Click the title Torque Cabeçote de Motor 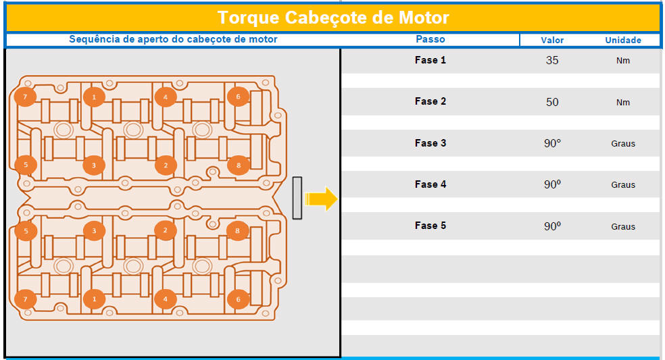tap(333, 18)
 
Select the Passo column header tap(430, 39)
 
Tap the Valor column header tap(551, 41)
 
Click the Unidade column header tap(622, 41)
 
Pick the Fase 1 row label tap(430, 60)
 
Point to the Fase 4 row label tap(430, 184)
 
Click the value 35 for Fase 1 tap(551, 60)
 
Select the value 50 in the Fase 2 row tap(551, 102)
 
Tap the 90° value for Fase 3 tap(552, 143)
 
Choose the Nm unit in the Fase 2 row tap(622, 102)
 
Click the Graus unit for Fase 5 tap(623, 226)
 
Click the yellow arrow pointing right tap(321, 199)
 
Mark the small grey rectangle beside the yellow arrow tap(297, 198)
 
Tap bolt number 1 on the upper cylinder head tap(94, 97)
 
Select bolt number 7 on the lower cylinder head tap(25, 299)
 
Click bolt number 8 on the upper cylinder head tap(238, 165)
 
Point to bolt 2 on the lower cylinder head tap(166, 231)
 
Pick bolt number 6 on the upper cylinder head tap(238, 97)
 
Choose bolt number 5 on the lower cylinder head tap(26, 231)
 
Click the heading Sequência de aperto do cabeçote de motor tap(173, 39)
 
